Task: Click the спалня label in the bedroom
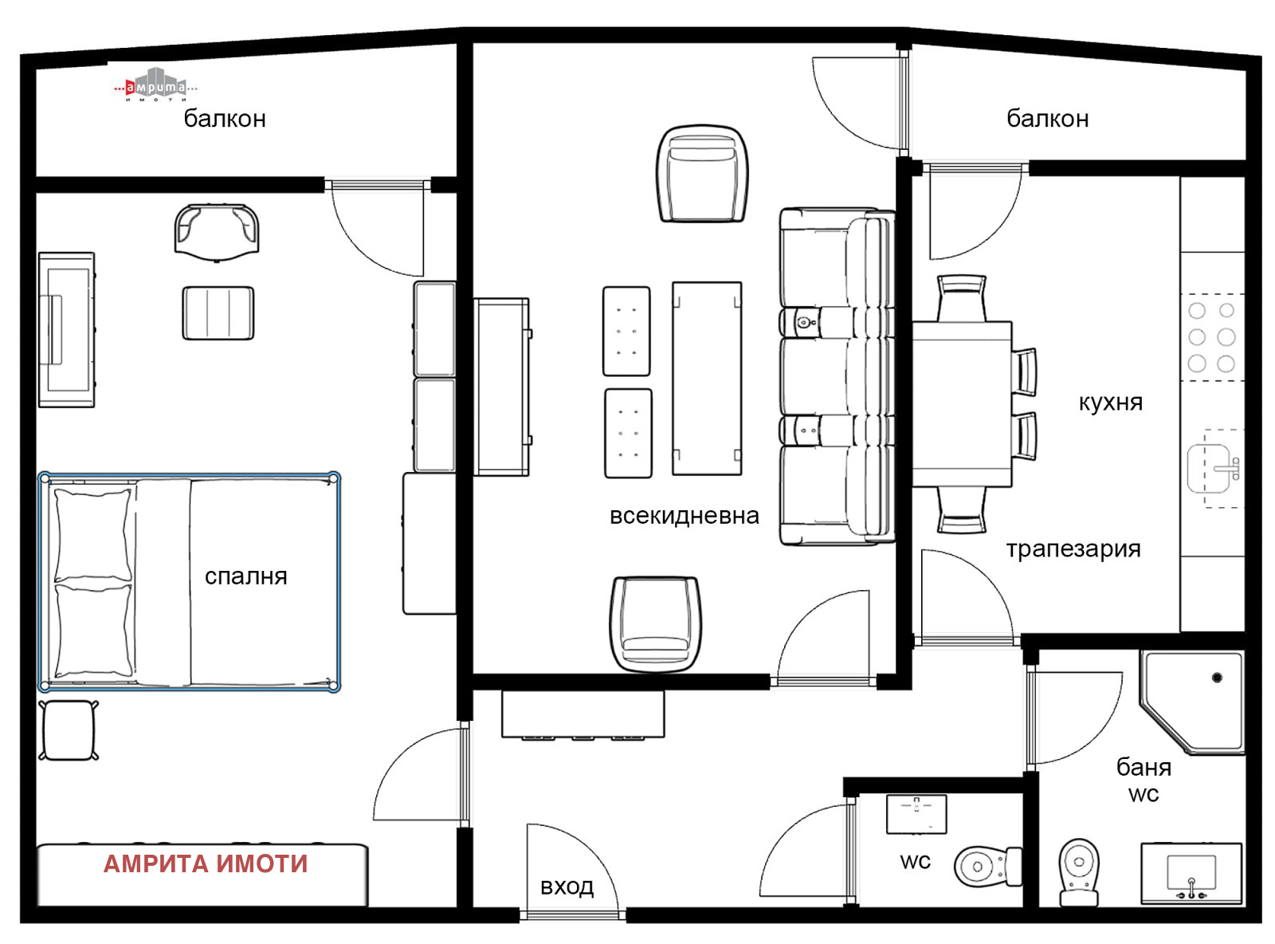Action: tap(245, 576)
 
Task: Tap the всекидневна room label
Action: tap(684, 515)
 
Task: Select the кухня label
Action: tap(1110, 402)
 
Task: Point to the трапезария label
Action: tap(1073, 549)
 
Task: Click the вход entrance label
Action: tap(567, 887)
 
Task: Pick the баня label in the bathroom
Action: tap(1144, 767)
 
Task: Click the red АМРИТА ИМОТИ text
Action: tap(206, 863)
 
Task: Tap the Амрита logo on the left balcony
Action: tap(155, 85)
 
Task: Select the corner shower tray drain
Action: tap(1217, 678)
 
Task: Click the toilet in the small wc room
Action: tap(987, 866)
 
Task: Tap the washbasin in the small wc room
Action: tap(916, 814)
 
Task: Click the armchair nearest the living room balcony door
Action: tap(702, 173)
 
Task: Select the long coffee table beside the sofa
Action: tap(707, 378)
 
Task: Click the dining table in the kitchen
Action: tap(962, 404)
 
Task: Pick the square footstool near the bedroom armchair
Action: tap(218, 313)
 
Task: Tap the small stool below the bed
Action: tap(69, 730)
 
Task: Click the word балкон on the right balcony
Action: tap(1047, 119)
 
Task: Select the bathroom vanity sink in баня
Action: tap(1191, 873)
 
